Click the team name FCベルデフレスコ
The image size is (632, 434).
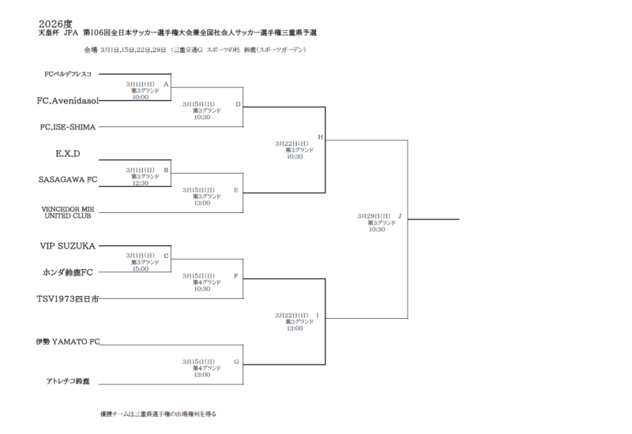68,74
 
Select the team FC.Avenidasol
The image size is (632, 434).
66,101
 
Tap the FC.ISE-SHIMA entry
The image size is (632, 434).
68,126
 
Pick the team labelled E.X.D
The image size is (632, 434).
69,152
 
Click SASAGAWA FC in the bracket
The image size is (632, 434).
68,179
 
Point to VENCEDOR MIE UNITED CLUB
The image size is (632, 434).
67,211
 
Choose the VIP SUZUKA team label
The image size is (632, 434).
67,246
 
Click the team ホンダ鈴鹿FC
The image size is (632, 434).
67,272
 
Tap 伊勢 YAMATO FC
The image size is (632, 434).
69,342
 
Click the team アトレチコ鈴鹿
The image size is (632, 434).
67,381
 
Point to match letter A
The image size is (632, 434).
166,83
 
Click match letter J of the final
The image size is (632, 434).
400,215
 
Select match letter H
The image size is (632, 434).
320,137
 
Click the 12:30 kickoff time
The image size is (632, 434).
141,183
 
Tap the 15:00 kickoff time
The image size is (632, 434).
141,269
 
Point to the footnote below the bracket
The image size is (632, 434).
158,413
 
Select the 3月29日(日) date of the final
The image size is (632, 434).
371,215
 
